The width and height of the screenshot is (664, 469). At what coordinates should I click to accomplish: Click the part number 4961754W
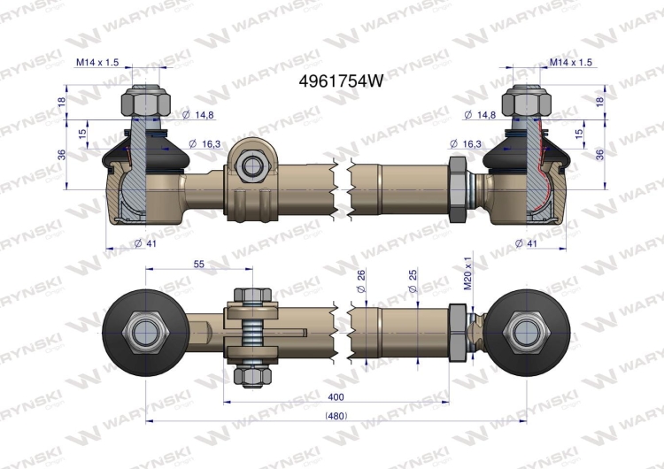[x=341, y=81]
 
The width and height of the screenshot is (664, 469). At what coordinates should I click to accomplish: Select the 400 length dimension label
[x=336, y=397]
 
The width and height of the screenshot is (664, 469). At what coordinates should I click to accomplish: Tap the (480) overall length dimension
[x=336, y=416]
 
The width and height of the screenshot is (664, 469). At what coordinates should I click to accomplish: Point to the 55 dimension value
[x=198, y=264]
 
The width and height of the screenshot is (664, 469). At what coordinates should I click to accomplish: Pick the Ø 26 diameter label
[x=361, y=281]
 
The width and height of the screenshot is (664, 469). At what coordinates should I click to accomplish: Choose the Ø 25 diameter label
[x=413, y=281]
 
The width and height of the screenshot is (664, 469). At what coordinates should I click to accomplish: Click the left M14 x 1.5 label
[x=97, y=62]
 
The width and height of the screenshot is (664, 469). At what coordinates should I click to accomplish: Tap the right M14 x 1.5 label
[x=570, y=62]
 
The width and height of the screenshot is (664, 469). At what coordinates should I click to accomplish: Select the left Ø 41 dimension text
[x=145, y=243]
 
